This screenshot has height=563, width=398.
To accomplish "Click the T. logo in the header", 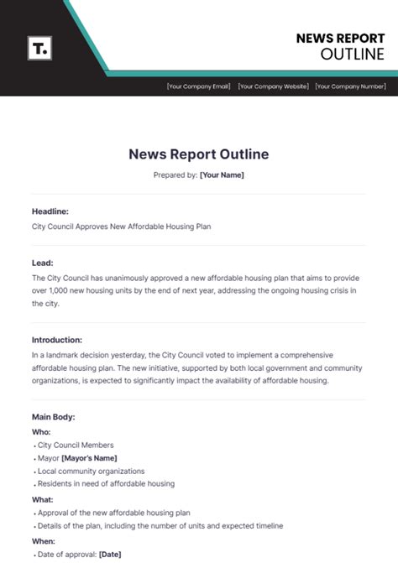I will pyautogui.click(x=39, y=49).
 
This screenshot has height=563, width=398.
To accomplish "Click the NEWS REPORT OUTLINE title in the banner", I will pyautogui.click(x=340, y=46).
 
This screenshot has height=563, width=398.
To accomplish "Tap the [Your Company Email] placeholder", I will pyautogui.click(x=198, y=86).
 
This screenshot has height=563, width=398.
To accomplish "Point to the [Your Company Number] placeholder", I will pyautogui.click(x=350, y=86).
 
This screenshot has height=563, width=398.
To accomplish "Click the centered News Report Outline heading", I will pyautogui.click(x=199, y=154).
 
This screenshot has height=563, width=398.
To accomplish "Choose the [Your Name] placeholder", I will pyautogui.click(x=222, y=175).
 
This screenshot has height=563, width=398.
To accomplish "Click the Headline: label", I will pyautogui.click(x=50, y=211).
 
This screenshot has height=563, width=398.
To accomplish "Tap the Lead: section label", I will pyautogui.click(x=43, y=263).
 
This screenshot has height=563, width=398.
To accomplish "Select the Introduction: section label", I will pyautogui.click(x=57, y=340).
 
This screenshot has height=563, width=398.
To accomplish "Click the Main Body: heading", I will pyautogui.click(x=54, y=416).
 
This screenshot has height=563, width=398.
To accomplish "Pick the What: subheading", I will pyautogui.click(x=42, y=498).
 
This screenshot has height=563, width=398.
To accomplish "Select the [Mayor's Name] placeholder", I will pyautogui.click(x=89, y=458).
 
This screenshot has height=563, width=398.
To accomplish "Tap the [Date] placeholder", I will pyautogui.click(x=111, y=554).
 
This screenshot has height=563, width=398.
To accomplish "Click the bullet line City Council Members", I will pyautogui.click(x=76, y=445).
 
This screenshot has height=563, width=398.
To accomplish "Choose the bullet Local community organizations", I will pyautogui.click(x=91, y=471).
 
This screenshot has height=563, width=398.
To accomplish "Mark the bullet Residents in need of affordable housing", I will pyautogui.click(x=106, y=484).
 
